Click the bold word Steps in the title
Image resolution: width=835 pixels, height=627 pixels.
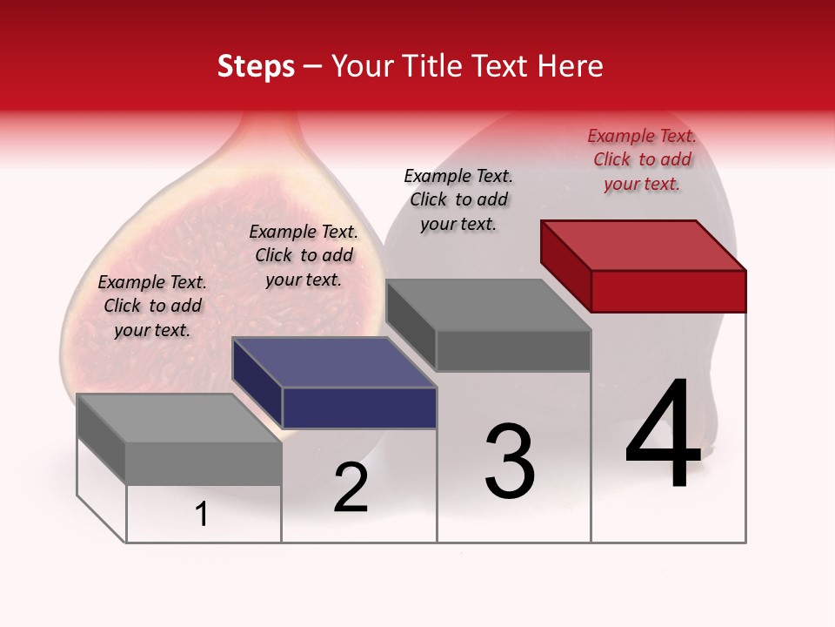(x=256, y=66)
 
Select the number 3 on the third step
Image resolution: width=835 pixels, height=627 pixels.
(x=509, y=462)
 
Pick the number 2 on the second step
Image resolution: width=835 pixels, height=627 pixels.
(x=351, y=488)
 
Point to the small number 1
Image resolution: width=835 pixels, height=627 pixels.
(x=201, y=515)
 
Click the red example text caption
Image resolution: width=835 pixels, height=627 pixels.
(x=642, y=159)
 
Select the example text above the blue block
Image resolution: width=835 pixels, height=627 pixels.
(x=304, y=255)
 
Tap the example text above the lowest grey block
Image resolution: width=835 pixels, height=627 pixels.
(x=152, y=306)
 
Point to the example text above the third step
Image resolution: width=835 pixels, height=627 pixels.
(x=458, y=199)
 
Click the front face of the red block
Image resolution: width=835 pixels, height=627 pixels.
(x=668, y=291)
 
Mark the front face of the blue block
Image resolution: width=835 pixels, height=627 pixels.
(x=359, y=408)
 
